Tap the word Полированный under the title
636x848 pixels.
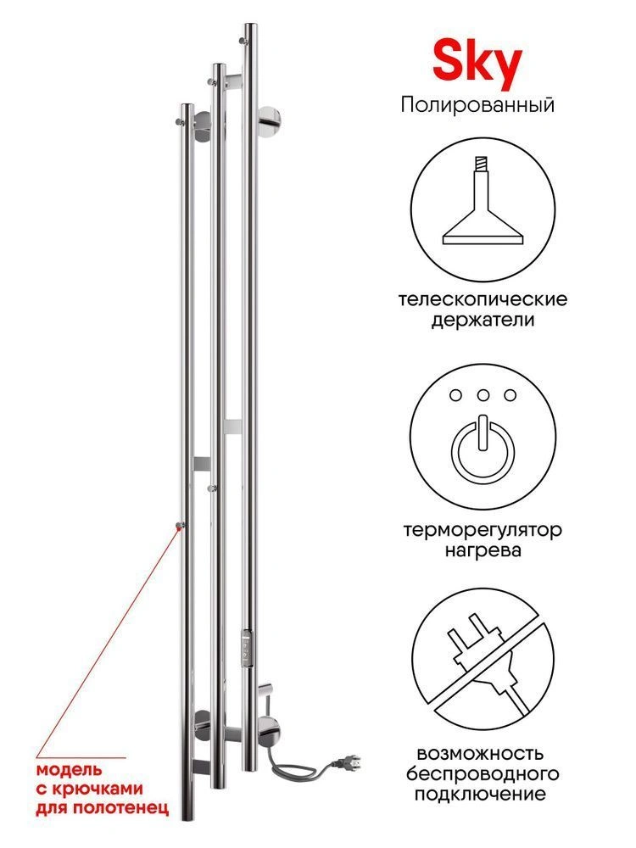477,104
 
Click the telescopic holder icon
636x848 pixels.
483,201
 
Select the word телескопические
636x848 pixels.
483,299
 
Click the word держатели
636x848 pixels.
483,321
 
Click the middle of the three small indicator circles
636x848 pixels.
483,395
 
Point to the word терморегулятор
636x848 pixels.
483,531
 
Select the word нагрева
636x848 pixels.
483,551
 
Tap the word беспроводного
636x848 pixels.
483,774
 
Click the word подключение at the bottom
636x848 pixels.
480,795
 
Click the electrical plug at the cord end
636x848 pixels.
346,762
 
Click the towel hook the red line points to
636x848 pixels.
180,525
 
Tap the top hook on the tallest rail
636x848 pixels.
244,40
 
